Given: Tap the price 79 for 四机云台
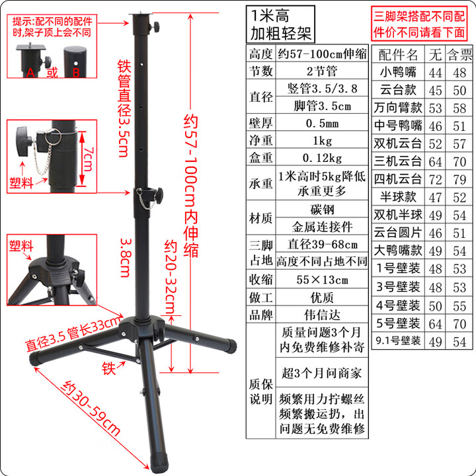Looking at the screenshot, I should (x=457, y=178).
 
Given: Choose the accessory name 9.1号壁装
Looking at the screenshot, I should (x=397, y=341).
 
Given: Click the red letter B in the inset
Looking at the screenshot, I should (x=75, y=71).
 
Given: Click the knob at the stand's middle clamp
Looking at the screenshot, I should (x=161, y=194).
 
